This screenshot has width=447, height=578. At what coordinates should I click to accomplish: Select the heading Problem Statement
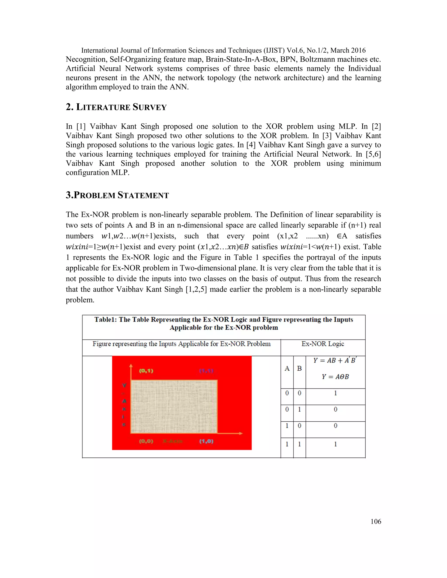click(117, 195)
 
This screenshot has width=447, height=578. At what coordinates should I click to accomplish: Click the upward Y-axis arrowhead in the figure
click(131, 366)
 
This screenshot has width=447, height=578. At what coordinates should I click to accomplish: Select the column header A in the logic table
click(287, 368)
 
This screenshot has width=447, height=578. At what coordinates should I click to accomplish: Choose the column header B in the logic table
click(299, 368)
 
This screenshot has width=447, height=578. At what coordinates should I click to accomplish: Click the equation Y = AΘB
click(335, 377)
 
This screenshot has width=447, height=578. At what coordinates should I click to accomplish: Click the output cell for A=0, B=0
click(335, 393)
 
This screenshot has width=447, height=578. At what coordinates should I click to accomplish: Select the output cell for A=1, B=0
click(335, 426)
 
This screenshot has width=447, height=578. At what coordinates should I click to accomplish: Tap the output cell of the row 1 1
click(335, 444)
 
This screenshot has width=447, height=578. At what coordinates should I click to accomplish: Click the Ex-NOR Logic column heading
click(323, 344)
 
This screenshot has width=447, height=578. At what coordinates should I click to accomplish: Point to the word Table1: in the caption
click(106, 320)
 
